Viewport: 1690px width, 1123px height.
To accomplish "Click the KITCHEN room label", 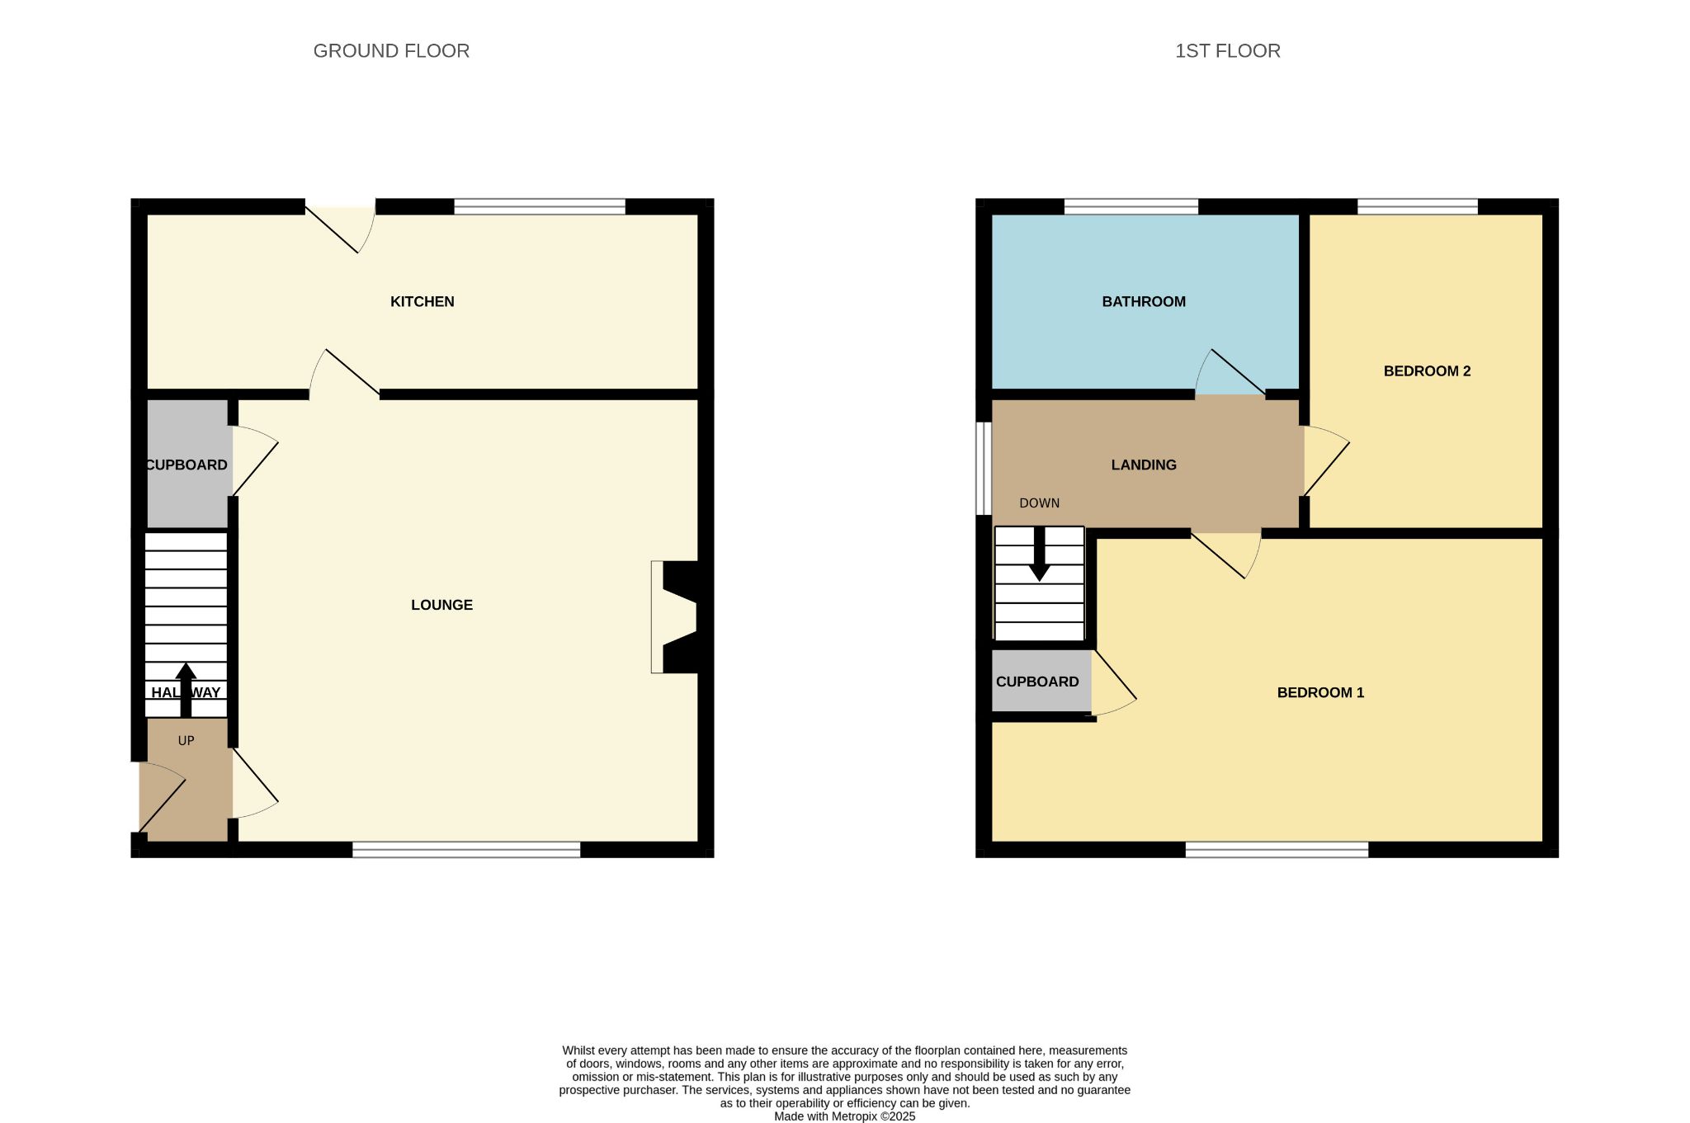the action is (x=422, y=302).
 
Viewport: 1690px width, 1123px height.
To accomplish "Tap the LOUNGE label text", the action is (x=441, y=605).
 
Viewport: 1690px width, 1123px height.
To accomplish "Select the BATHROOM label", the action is (x=1144, y=302).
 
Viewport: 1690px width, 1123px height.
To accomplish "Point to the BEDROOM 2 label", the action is (x=1427, y=371).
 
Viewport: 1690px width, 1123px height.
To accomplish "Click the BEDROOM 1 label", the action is (x=1320, y=693).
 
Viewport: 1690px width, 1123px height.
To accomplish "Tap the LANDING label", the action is (x=1144, y=465).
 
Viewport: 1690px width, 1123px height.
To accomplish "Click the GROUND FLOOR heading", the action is (x=391, y=51).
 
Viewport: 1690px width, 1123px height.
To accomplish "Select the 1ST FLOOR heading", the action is (x=1227, y=51).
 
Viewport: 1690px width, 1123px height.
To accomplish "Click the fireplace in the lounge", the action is (x=675, y=617).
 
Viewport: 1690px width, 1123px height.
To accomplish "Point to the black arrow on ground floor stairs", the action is (x=186, y=690).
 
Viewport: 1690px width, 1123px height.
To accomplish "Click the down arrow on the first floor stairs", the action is (x=1040, y=554).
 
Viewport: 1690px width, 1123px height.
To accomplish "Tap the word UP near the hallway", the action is (x=186, y=741).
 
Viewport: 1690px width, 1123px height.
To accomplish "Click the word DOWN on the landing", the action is (x=1040, y=503).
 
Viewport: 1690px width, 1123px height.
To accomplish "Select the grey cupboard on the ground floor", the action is (x=187, y=464).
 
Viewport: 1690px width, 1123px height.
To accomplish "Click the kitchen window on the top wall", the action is (x=540, y=206).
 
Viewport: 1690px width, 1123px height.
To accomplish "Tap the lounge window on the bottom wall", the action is (x=466, y=850).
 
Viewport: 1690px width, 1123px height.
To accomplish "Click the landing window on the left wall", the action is (x=984, y=469).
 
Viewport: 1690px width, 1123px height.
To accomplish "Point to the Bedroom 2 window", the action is (x=1418, y=206).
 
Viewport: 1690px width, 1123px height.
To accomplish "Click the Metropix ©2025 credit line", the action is (x=844, y=1116).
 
